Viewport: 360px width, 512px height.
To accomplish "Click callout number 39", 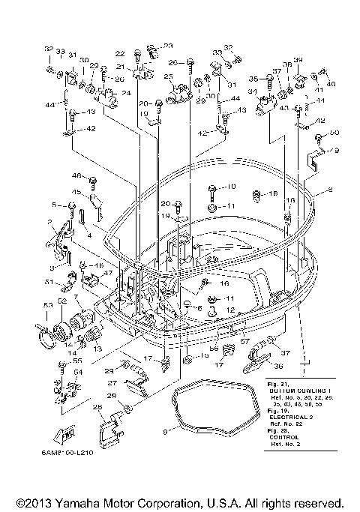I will coord(298,60).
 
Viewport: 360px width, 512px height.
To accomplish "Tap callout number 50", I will coord(334,133).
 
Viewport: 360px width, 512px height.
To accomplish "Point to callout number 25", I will coord(168,76).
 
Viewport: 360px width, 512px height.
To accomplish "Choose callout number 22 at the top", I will coord(119,53).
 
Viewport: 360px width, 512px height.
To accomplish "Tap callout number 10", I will coord(230,186).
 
